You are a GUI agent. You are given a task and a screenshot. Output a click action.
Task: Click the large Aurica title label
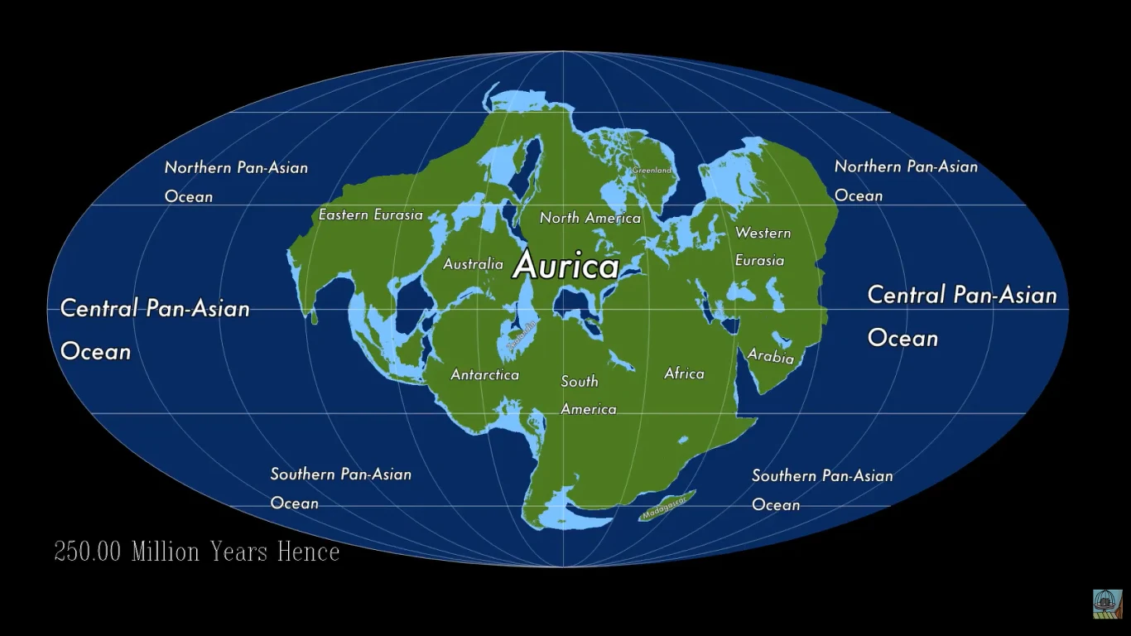[565, 266]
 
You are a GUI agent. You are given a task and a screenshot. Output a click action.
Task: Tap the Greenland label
[652, 171]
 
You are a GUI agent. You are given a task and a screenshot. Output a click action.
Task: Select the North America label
[590, 218]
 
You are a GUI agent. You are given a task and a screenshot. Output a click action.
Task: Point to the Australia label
[473, 264]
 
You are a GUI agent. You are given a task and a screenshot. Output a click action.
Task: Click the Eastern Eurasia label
[371, 215]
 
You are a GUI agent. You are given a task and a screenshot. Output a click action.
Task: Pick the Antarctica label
[484, 375]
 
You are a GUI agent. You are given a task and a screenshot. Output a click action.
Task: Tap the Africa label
[684, 373]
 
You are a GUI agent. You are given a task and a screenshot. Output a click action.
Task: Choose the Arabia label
[771, 356]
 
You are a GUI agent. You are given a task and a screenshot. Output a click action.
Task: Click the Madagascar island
[667, 506]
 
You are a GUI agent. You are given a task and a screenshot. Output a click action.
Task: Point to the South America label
[587, 395]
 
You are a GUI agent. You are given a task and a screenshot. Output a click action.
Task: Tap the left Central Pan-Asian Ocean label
[155, 330]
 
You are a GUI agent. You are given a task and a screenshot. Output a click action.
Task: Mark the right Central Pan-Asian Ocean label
[961, 316]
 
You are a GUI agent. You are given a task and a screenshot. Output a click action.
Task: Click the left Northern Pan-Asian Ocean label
[236, 181]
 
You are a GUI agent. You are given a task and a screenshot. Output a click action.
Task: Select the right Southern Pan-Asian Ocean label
[821, 489]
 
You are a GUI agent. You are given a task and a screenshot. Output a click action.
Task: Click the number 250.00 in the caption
[88, 552]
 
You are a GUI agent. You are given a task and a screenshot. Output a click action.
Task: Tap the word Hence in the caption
[308, 552]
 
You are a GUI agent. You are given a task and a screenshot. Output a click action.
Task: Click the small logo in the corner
[1107, 604]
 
